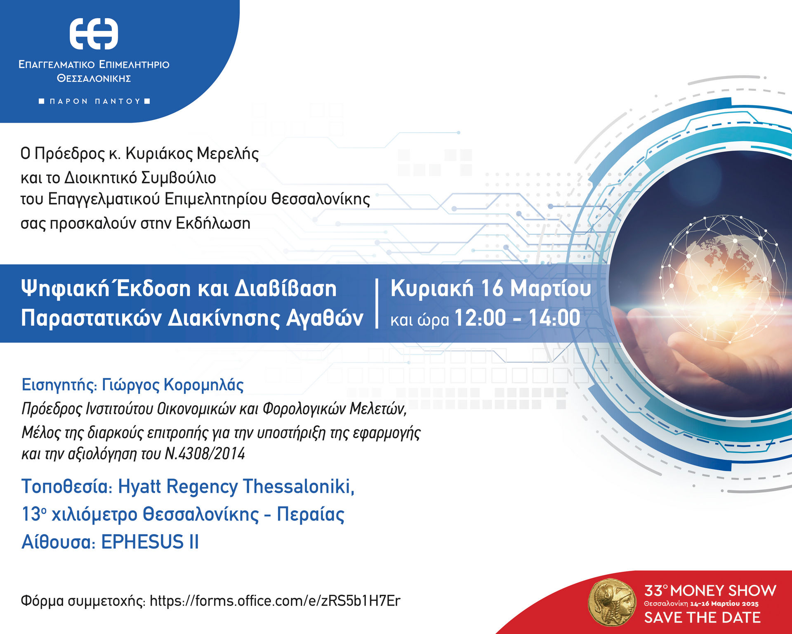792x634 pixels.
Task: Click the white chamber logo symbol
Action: [x=94, y=34]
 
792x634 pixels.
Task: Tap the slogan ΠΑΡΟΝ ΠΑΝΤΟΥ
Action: [x=94, y=101]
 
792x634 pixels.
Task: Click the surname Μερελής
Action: [x=228, y=154]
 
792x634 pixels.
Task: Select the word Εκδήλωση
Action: [x=213, y=223]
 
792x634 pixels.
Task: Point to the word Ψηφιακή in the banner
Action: [x=65, y=289]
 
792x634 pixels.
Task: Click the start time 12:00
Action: [x=480, y=318]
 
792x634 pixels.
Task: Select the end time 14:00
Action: [x=554, y=318]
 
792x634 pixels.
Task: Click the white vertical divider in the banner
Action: [x=377, y=303]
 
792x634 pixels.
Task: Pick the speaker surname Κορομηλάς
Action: [x=204, y=385]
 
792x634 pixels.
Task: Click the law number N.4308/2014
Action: [x=205, y=454]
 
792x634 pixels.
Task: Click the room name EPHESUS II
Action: [x=150, y=542]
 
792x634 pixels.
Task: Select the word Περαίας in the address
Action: [x=310, y=515]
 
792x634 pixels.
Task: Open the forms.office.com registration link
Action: [x=275, y=601]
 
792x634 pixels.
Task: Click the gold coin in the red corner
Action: [x=612, y=603]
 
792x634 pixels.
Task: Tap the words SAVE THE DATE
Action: [x=702, y=617]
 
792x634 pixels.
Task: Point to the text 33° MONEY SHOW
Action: [x=710, y=590]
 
